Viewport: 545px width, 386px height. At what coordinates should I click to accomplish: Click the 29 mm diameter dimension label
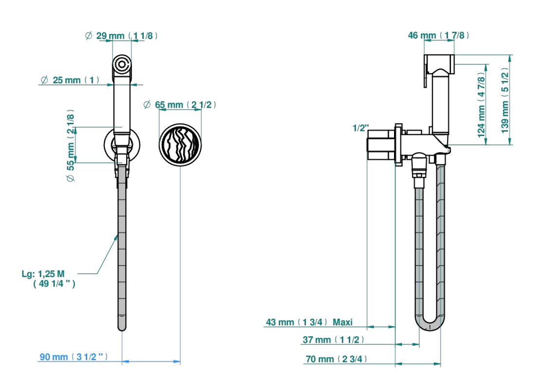[121, 36]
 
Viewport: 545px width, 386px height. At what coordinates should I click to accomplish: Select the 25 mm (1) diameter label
[70, 80]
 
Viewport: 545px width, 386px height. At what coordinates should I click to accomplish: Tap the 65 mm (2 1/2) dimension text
[180, 105]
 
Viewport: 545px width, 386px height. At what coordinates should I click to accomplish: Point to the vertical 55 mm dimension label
[71, 145]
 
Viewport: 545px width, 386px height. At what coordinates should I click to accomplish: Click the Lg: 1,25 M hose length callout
[48, 279]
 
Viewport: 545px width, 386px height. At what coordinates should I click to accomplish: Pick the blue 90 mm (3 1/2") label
[74, 357]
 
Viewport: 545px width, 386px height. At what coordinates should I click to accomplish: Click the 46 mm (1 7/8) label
[439, 36]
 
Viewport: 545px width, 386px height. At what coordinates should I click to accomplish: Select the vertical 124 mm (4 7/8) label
[481, 105]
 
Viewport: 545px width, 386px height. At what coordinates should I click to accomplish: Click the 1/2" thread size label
[361, 128]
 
